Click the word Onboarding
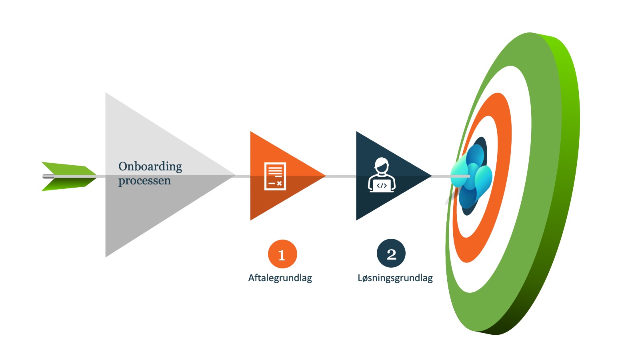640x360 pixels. [150, 166]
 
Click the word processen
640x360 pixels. [144, 181]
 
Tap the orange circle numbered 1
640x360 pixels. [282, 254]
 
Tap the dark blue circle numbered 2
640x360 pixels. [391, 254]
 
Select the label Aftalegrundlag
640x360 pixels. [280, 278]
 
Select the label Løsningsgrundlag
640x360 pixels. [395, 278]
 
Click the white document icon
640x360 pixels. [275, 176]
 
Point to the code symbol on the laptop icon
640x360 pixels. [382, 186]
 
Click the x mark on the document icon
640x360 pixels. [279, 184]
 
